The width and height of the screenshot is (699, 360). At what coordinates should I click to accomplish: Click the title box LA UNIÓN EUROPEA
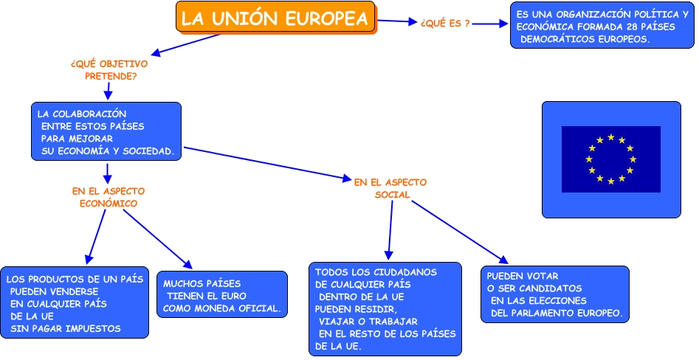click(275, 18)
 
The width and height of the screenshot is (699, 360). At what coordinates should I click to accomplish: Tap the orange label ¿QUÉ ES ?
click(445, 24)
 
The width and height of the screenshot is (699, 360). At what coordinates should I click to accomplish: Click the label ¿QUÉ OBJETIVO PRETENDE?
click(109, 69)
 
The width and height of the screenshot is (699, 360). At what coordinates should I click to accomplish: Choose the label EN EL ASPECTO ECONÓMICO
click(109, 197)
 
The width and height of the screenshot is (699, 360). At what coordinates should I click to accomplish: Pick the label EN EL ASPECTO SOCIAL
click(390, 188)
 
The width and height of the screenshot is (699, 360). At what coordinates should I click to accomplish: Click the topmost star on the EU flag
click(611, 136)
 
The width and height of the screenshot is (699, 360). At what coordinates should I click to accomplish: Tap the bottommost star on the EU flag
click(611, 181)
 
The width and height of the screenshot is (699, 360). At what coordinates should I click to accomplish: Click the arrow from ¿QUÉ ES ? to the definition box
click(490, 24)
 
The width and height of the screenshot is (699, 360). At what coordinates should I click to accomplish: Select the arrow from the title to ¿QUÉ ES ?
click(397, 21)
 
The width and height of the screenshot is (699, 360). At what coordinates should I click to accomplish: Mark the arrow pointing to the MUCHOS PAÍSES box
click(157, 239)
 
